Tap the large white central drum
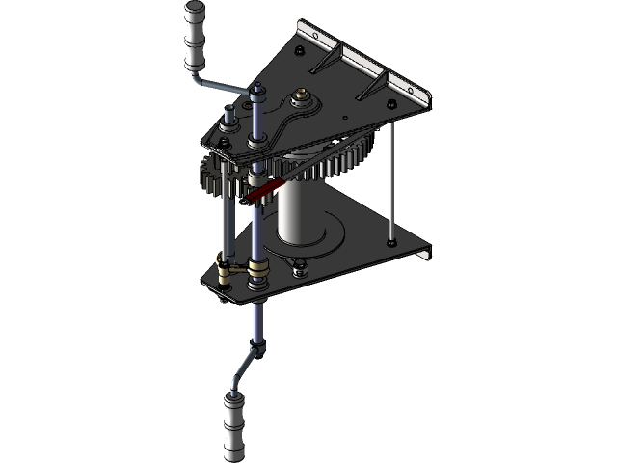click(x=300, y=212)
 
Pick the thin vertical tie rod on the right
click(x=393, y=174)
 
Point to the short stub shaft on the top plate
click(x=228, y=122)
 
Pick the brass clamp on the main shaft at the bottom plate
click(x=258, y=268)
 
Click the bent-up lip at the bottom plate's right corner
click(x=424, y=253)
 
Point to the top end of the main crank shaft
click(x=258, y=93)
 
